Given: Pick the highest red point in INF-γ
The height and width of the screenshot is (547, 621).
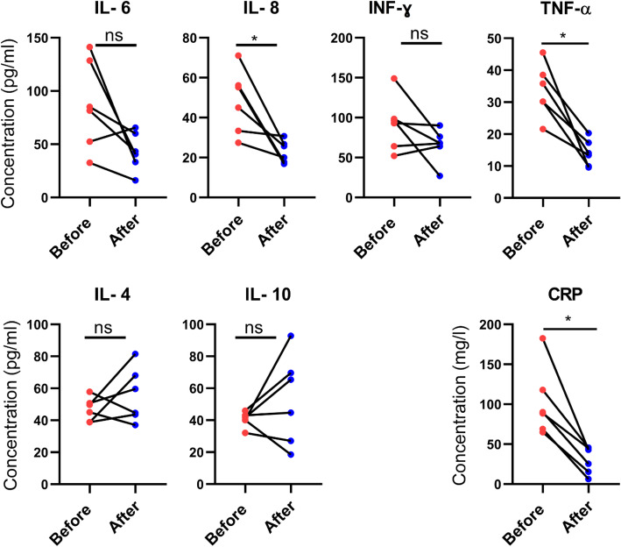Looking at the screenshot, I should click(394, 79).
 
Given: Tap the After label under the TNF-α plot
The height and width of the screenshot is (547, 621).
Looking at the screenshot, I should click(586, 231).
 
